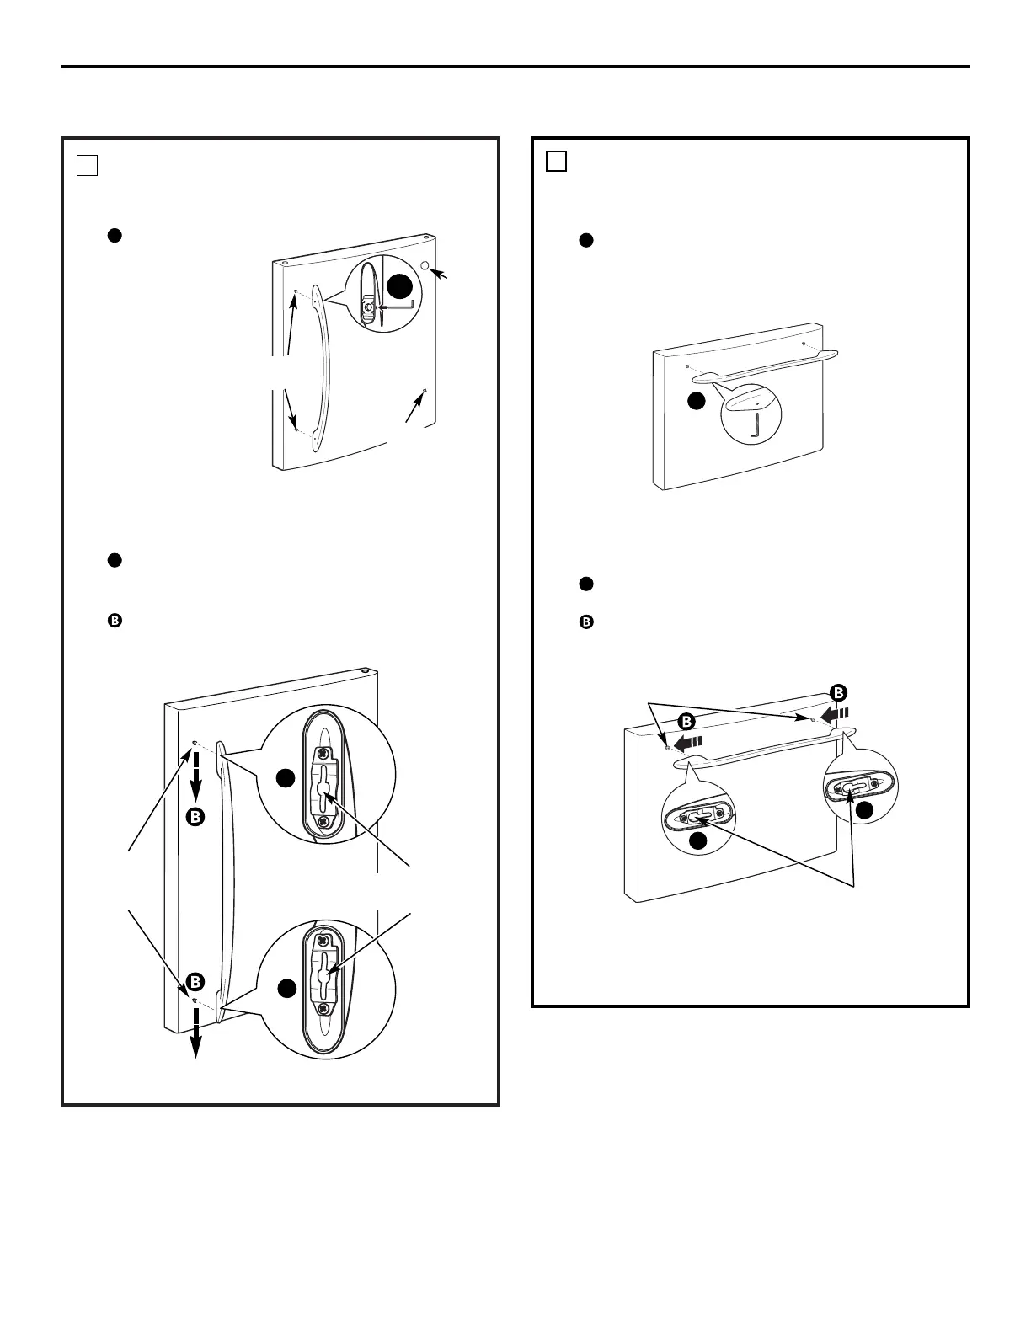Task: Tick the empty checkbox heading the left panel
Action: point(88,165)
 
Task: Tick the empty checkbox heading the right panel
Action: point(556,161)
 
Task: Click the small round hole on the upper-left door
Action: point(425,265)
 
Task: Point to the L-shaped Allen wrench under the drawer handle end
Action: point(754,428)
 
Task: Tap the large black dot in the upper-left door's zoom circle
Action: point(400,286)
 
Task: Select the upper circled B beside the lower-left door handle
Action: point(195,817)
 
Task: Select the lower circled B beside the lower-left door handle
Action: point(195,982)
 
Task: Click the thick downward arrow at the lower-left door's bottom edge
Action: point(196,1034)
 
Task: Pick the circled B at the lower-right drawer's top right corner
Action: point(838,693)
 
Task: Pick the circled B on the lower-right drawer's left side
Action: point(686,722)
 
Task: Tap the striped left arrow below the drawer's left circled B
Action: point(687,744)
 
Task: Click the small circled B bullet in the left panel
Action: point(115,621)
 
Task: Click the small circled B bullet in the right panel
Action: point(586,622)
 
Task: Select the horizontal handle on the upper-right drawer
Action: point(765,366)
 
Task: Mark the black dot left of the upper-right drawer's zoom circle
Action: point(697,401)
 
